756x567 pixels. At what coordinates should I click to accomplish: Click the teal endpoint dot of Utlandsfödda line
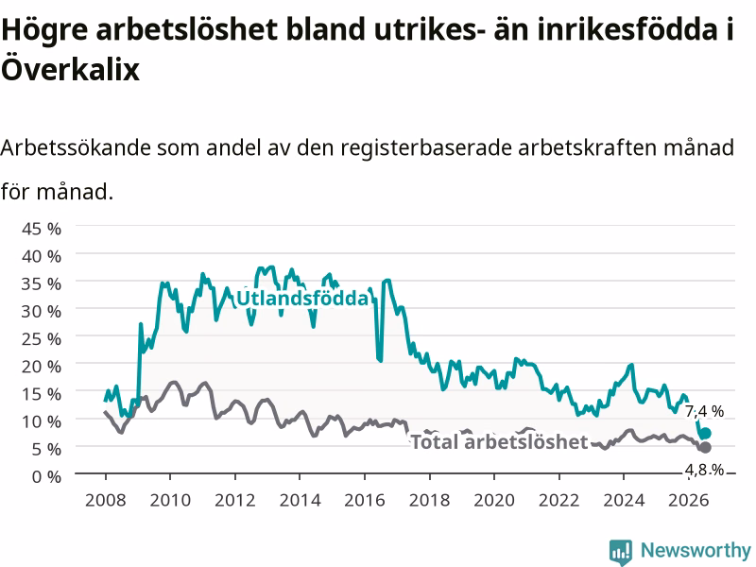point(705,433)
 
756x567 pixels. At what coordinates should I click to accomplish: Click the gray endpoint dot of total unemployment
point(705,447)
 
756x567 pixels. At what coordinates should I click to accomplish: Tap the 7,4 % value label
point(704,411)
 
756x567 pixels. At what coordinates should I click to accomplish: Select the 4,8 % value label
point(704,469)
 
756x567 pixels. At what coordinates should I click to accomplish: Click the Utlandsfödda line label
point(302,298)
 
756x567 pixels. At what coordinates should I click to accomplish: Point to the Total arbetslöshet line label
point(500,441)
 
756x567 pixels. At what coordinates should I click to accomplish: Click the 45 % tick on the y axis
point(42,229)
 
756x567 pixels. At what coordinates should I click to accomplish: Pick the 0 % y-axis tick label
point(46,477)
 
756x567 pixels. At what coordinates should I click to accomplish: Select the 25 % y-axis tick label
point(42,339)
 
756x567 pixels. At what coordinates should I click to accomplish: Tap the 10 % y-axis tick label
point(42,421)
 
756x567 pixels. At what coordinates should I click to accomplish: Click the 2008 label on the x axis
point(106,500)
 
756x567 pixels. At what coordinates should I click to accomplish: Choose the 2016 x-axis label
point(365,500)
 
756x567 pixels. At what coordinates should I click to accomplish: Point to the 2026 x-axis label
point(689,500)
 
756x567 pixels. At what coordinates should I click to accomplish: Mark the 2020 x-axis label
point(494,500)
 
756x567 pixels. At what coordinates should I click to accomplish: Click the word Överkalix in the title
point(70,68)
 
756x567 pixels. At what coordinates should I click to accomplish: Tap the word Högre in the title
point(44,30)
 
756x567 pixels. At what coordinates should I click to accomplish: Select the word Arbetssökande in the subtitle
point(76,147)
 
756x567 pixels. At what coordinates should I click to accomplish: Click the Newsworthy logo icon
point(621,551)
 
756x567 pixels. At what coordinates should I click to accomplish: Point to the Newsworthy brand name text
point(696,550)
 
